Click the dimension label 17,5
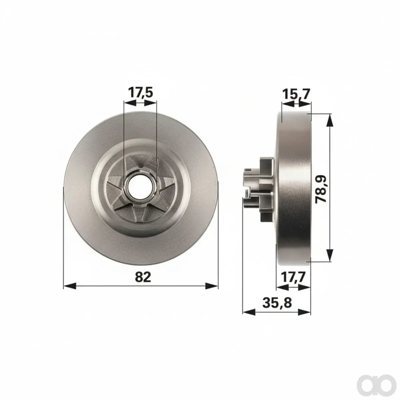click(141, 93)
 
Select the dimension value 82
click(143, 277)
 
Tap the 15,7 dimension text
click(296, 94)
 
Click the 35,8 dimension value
click(277, 303)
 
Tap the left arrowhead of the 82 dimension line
click(70, 286)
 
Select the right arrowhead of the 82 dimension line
click(212, 286)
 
